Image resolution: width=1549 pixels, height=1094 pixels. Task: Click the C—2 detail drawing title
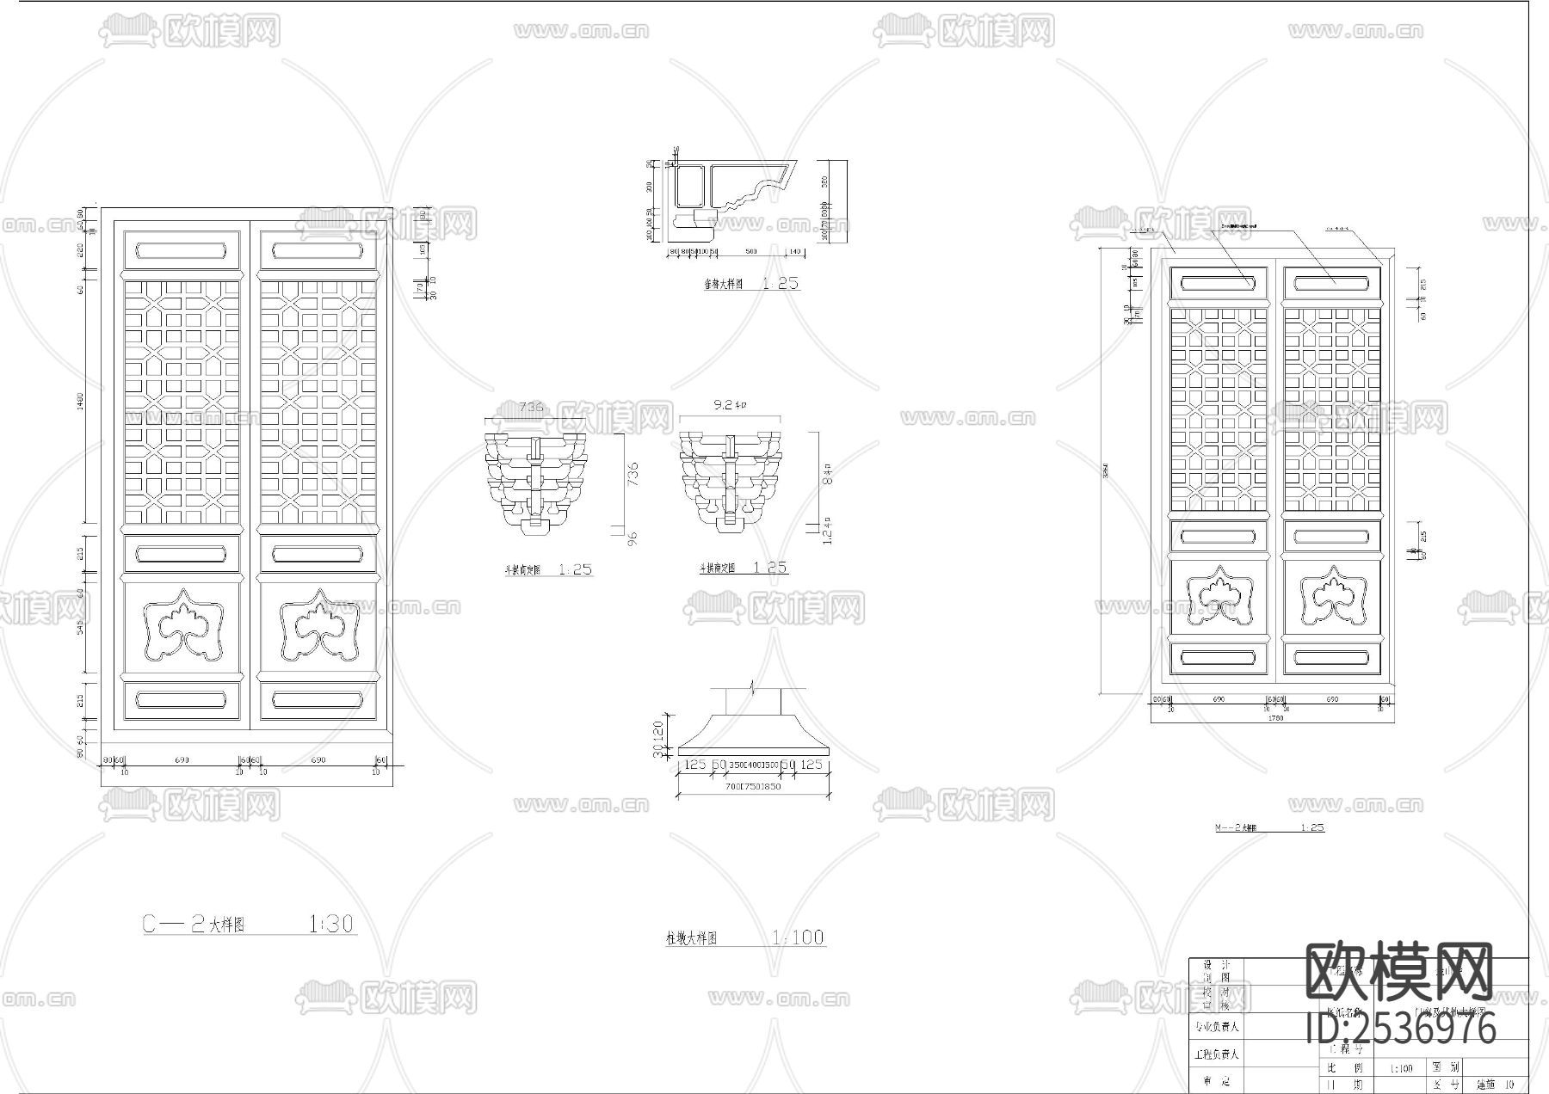pos(194,925)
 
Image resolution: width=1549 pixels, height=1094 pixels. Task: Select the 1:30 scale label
pos(331,925)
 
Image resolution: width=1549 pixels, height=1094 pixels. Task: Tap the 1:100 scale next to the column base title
pos(798,937)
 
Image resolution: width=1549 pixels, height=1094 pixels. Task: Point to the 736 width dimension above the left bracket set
pos(533,407)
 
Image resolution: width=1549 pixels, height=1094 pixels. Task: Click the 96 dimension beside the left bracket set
pos(633,539)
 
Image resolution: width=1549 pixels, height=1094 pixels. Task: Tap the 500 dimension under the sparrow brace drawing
pos(750,252)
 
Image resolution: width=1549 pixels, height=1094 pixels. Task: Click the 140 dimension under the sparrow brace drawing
pos(793,252)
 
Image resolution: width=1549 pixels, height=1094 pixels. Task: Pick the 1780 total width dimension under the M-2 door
pos(1275,718)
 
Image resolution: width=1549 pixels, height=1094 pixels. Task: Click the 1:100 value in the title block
pos(1401,1069)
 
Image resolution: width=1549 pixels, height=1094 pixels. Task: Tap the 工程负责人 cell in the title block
pos(1216,1054)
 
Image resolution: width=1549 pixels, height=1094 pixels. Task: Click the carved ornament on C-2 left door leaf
pos(182,624)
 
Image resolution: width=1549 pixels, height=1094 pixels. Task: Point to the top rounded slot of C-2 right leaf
pos(318,251)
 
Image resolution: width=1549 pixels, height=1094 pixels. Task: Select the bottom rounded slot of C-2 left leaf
pos(182,698)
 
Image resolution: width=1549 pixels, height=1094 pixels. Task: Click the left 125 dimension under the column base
pos(694,765)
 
